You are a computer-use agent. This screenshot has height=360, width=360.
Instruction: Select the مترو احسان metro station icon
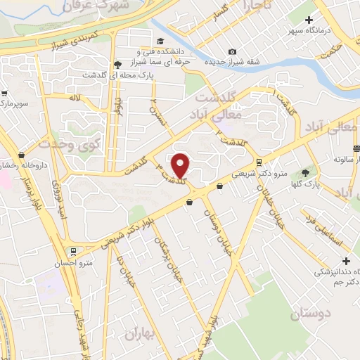(x=72, y=251)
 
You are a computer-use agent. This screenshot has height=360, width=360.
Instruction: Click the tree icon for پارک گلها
(x=305, y=173)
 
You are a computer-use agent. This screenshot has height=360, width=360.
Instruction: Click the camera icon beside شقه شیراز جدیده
(x=232, y=52)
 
